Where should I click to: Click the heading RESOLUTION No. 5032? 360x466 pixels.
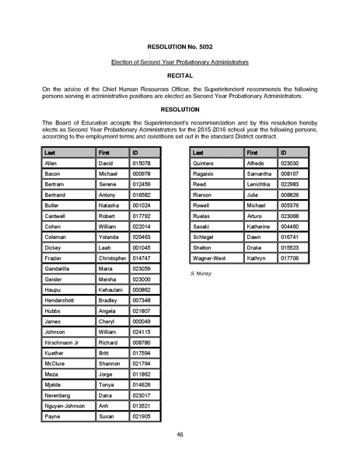[x=180, y=47]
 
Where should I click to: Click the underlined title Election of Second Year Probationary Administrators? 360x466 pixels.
[x=180, y=61]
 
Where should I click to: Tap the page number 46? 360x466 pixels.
[x=180, y=433]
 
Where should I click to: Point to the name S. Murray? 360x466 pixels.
[x=201, y=275]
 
